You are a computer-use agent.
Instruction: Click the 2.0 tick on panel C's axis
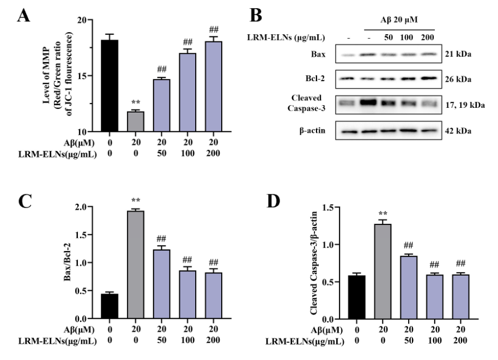pyautogui.click(x=80, y=207)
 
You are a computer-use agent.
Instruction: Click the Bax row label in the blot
pyautogui.click(x=318, y=54)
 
